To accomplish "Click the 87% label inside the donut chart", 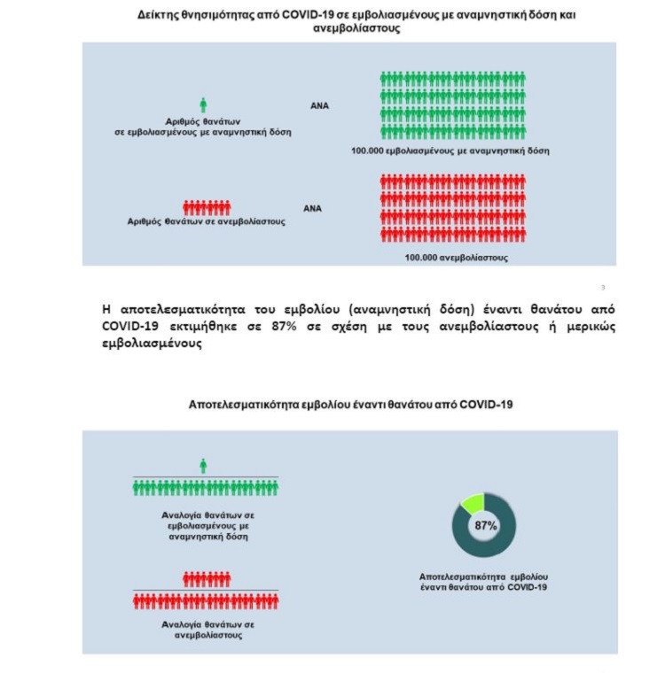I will tap(485, 526).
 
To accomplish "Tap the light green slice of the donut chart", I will tap(471, 504).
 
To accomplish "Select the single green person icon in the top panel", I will tap(203, 104).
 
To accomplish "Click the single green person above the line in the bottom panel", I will tap(203, 465).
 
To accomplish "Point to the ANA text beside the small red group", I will tap(312, 209).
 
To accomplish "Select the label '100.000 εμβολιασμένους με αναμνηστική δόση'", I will tap(450, 151).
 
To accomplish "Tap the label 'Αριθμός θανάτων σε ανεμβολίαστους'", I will tap(206, 222).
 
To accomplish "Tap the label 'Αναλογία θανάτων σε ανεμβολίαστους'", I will tap(205, 629).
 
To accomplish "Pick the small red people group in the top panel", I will tap(206, 207).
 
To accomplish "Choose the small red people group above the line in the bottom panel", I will tap(206, 579).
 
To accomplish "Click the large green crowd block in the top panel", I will tap(451, 104).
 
